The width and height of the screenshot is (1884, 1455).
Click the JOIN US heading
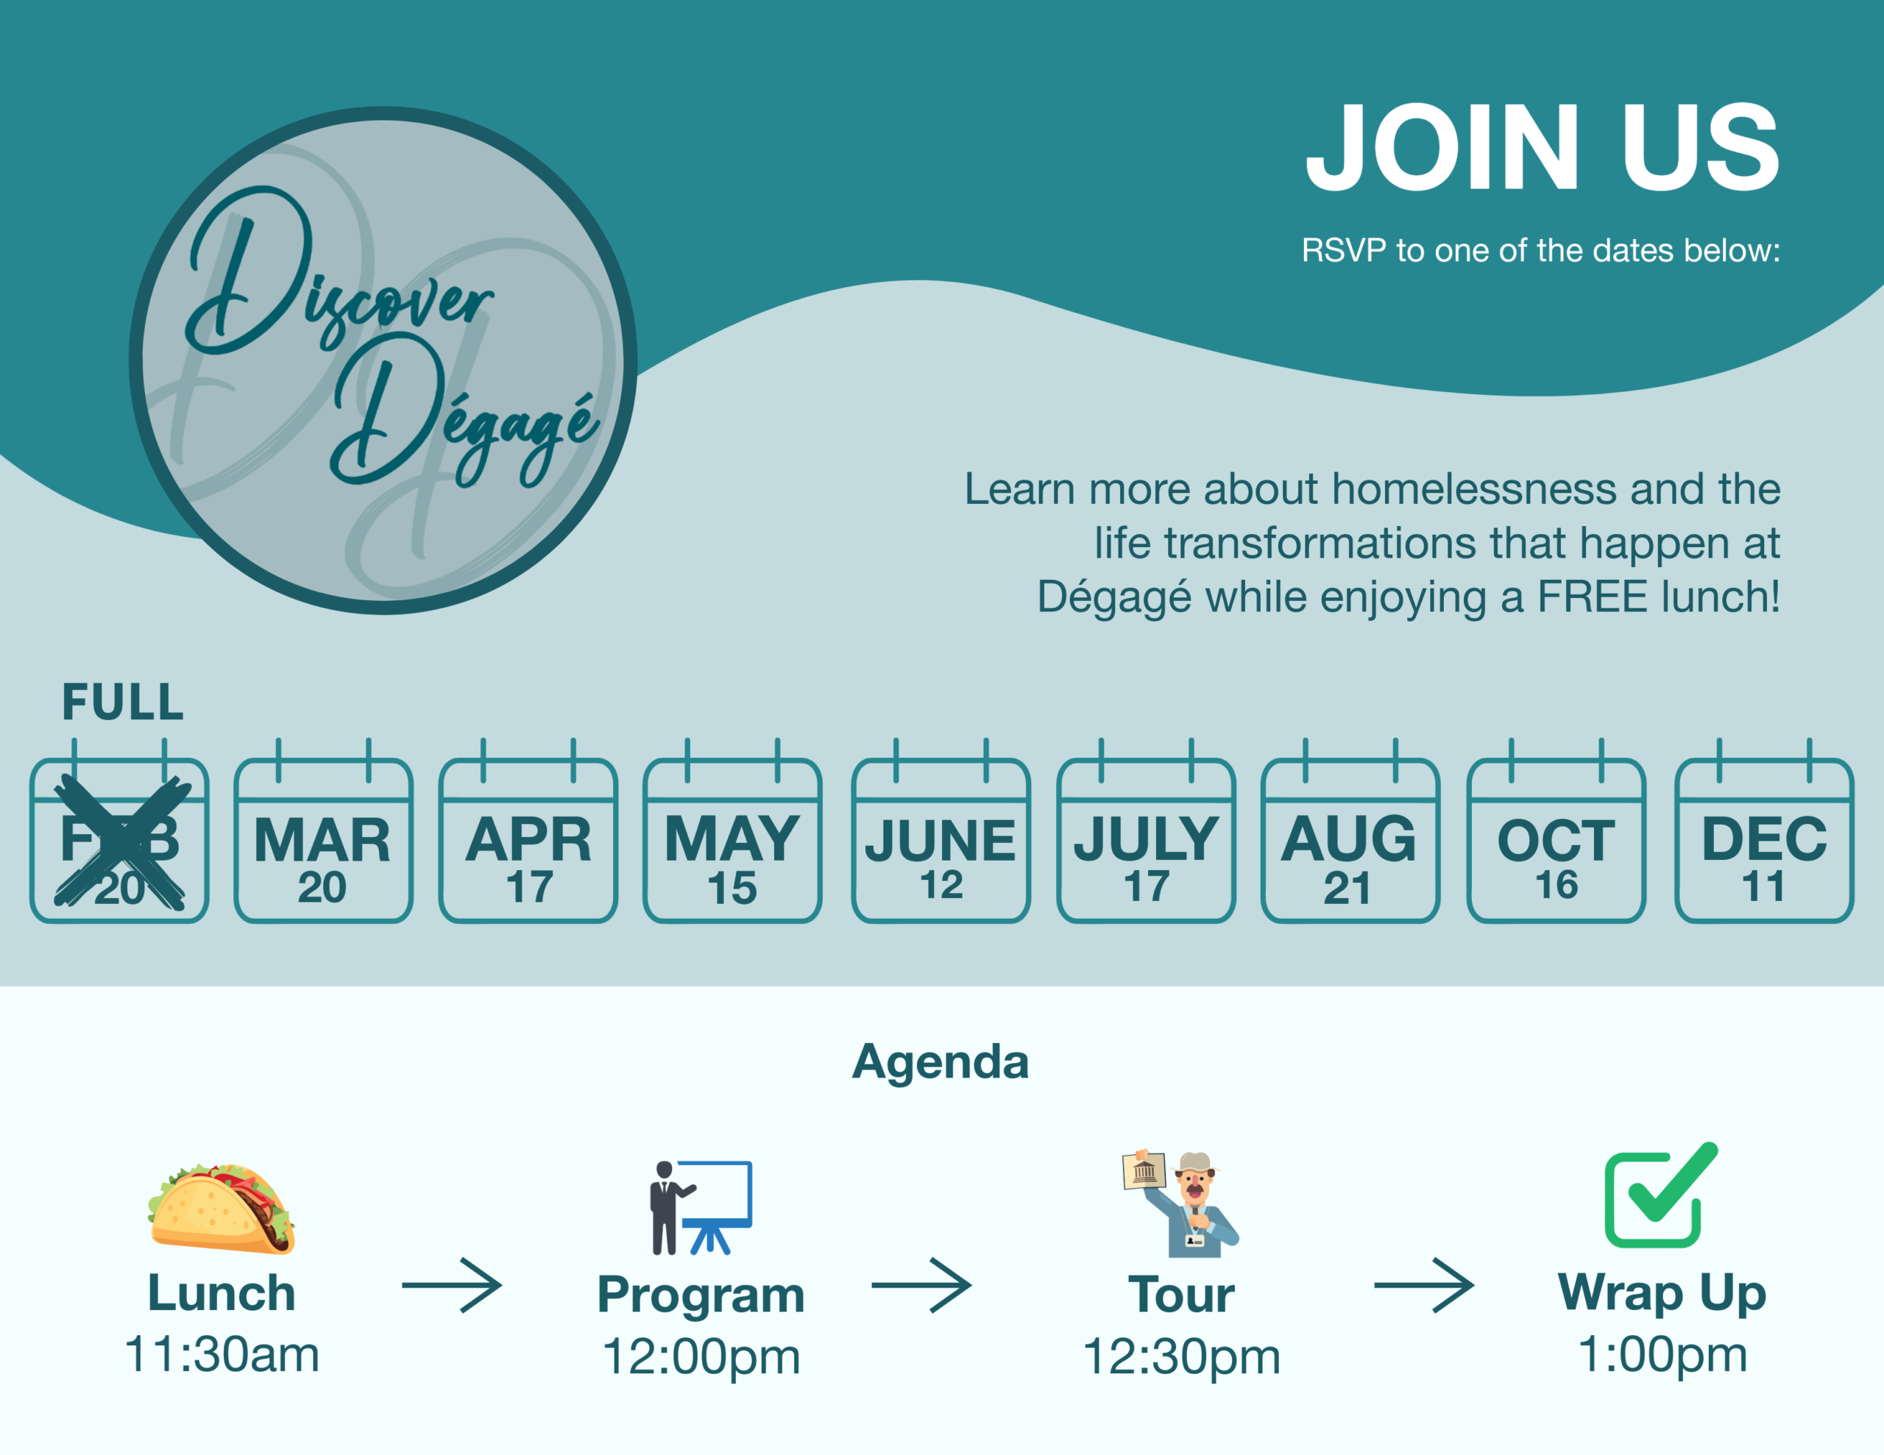pos(1543,147)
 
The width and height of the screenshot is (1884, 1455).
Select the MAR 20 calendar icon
pos(324,830)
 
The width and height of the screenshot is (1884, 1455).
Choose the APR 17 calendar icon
pos(528,830)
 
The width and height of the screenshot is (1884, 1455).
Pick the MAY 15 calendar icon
pos(732,830)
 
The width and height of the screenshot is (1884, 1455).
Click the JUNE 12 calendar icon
pos(941,830)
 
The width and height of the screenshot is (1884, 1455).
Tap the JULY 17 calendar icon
pos(1147,830)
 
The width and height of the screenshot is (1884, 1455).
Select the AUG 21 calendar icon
pos(1350,830)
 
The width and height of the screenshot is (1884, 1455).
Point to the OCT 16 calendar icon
pos(1557,830)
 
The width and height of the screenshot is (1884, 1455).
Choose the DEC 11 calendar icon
pos(1764,830)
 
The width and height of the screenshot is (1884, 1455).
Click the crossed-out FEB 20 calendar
pos(119,830)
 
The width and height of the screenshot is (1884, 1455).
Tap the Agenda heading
pos(941,1061)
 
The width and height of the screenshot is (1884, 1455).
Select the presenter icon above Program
pos(701,1207)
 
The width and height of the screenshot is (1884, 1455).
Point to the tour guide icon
pos(1181,1203)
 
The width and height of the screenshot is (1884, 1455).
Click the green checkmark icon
pos(1660,1195)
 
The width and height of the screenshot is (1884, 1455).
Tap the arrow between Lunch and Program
pos(452,1286)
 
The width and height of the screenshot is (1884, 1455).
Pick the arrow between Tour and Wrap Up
pos(1424,1286)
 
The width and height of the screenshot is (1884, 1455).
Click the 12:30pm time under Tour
pos(1181,1356)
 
